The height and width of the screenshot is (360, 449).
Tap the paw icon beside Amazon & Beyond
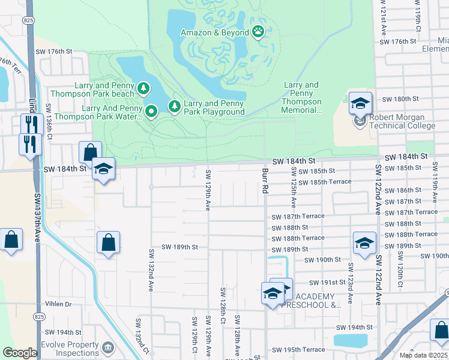pos(259,32)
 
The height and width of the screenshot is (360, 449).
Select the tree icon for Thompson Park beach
pos(143,89)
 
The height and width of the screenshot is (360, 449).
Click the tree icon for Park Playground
pos(175,106)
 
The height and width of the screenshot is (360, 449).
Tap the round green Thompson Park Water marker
pos(151,110)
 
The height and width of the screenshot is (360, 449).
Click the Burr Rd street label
pos(265,180)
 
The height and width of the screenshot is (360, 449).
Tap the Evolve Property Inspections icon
pos(107,348)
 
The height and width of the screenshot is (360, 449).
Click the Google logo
pos(20,353)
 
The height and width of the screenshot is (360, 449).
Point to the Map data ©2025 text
pos(424,355)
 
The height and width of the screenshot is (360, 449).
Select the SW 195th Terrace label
pos(298,350)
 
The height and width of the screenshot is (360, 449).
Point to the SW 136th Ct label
pos(49,121)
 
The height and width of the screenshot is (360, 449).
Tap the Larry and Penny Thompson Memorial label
pos(301,98)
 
